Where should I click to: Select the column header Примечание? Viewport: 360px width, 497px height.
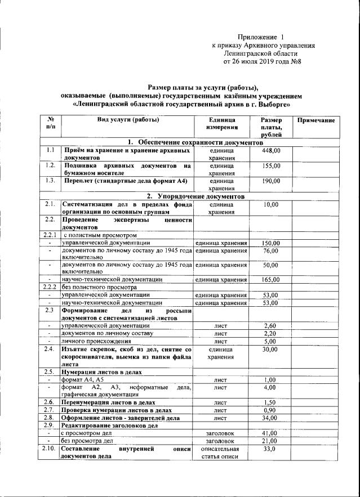[x=315, y=120]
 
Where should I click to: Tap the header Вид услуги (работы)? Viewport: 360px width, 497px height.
[x=128, y=120]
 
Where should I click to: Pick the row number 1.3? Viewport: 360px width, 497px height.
[x=50, y=181]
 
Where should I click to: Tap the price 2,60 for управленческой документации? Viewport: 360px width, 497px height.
[x=271, y=325]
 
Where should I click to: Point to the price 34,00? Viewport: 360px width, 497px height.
[x=271, y=418]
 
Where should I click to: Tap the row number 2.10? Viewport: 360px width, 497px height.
[x=50, y=449]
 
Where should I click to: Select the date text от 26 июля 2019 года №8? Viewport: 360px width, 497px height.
[x=263, y=61]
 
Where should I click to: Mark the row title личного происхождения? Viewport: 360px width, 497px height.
[x=96, y=341]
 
